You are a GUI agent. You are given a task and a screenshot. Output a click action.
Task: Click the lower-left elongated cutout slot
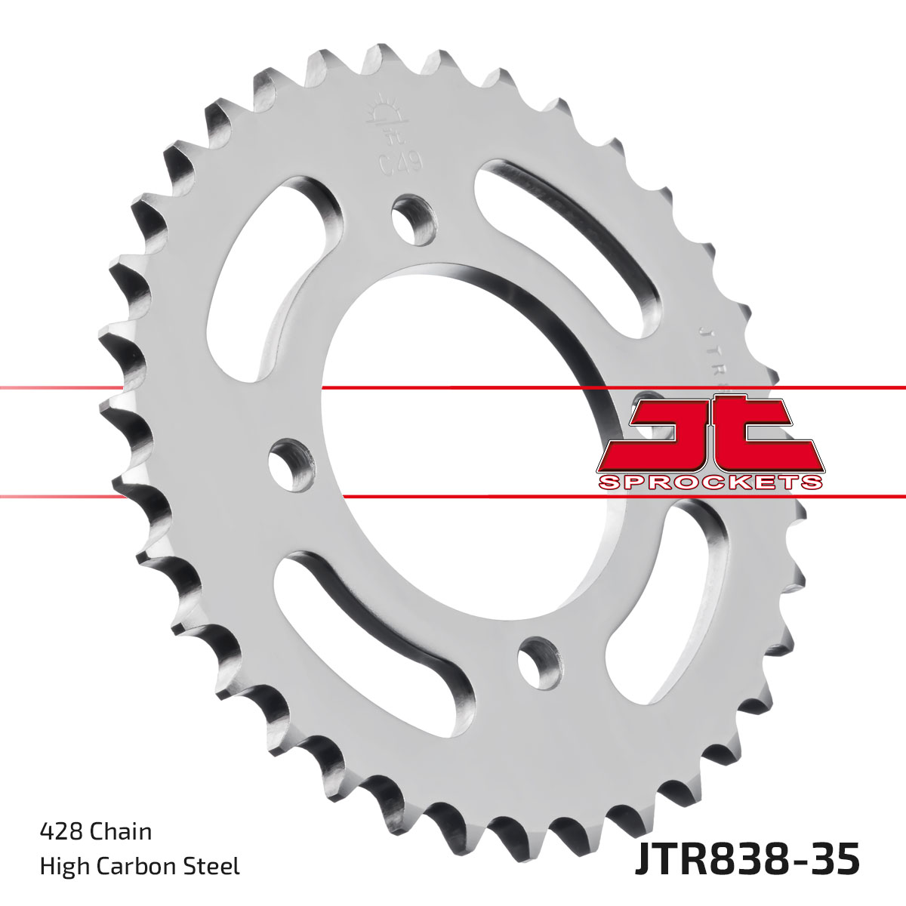tap(370, 627)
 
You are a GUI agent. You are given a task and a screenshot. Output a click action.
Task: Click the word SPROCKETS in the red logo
tap(709, 482)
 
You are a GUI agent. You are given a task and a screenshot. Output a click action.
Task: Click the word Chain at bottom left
tap(121, 831)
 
